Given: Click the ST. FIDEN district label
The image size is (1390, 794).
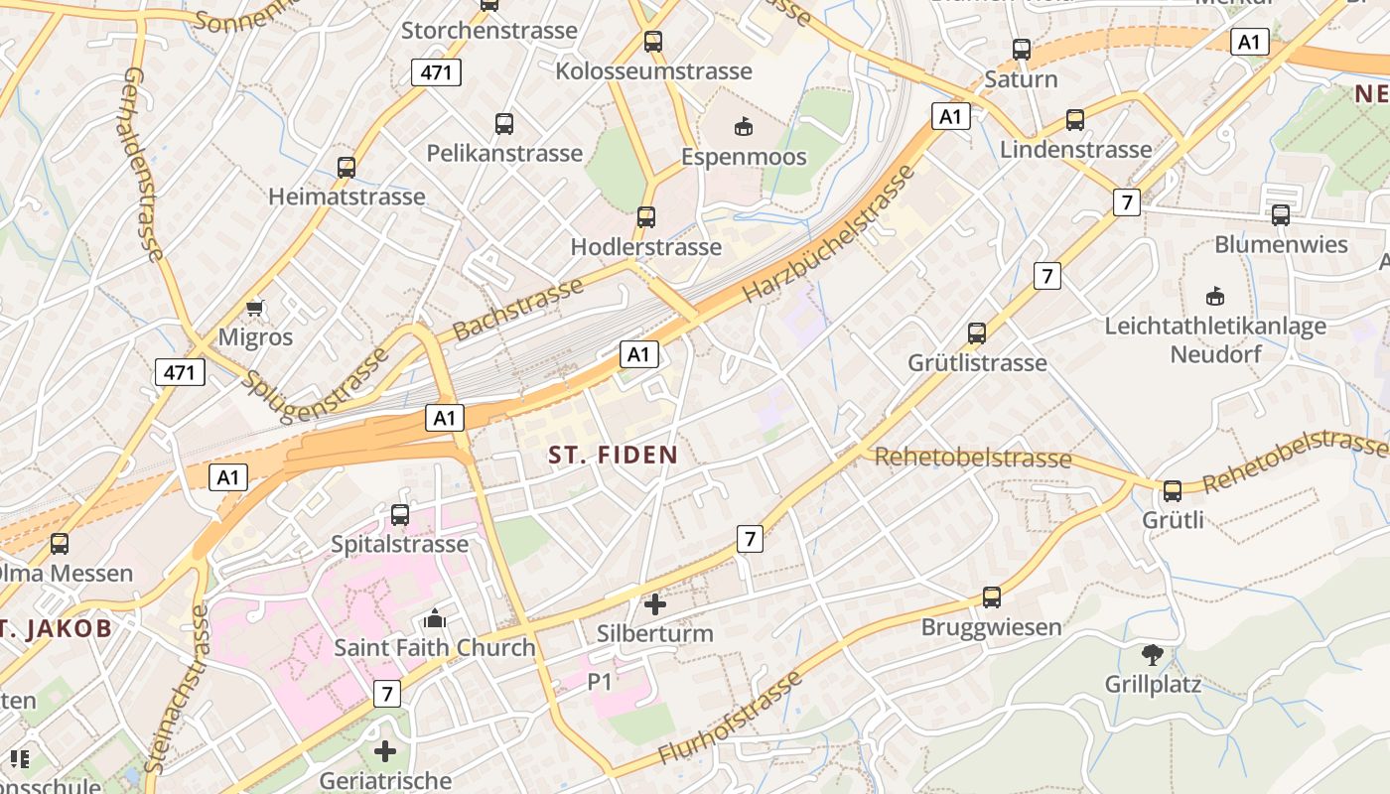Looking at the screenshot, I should [614, 456].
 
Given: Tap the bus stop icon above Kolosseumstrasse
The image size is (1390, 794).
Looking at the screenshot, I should [652, 42].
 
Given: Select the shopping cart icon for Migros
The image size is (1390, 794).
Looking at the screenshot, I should [255, 308].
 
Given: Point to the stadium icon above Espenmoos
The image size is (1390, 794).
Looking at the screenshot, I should [744, 126].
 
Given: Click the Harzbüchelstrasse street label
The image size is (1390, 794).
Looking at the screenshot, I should [828, 235].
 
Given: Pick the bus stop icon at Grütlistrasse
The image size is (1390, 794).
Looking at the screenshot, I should [977, 333].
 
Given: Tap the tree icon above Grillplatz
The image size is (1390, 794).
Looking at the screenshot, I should [1153, 655].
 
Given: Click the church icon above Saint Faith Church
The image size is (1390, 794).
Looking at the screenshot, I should [435, 619].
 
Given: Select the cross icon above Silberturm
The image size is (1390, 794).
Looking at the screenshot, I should [655, 603].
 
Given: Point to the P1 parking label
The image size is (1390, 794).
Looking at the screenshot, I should [601, 681].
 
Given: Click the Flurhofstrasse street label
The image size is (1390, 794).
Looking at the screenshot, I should [730, 721].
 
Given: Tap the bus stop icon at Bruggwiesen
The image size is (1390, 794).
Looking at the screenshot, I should [991, 597].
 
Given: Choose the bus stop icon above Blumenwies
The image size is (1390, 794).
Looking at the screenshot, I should [1281, 215].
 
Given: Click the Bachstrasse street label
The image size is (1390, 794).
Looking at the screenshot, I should [517, 309].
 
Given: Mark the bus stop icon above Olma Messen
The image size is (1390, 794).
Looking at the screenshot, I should [60, 544].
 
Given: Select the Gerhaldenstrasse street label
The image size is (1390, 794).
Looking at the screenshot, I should [144, 165].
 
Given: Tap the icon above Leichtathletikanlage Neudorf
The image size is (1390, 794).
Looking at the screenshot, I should [1214, 296].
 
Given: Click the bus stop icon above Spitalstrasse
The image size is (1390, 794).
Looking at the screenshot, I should [400, 515].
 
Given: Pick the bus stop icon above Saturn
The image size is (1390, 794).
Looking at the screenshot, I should [1022, 50].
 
